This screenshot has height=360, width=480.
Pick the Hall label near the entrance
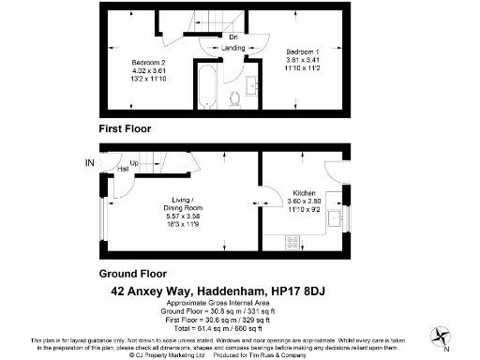124,169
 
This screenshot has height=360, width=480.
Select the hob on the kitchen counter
292,241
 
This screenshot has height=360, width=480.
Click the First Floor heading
125,127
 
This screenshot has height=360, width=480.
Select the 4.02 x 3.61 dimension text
148,71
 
